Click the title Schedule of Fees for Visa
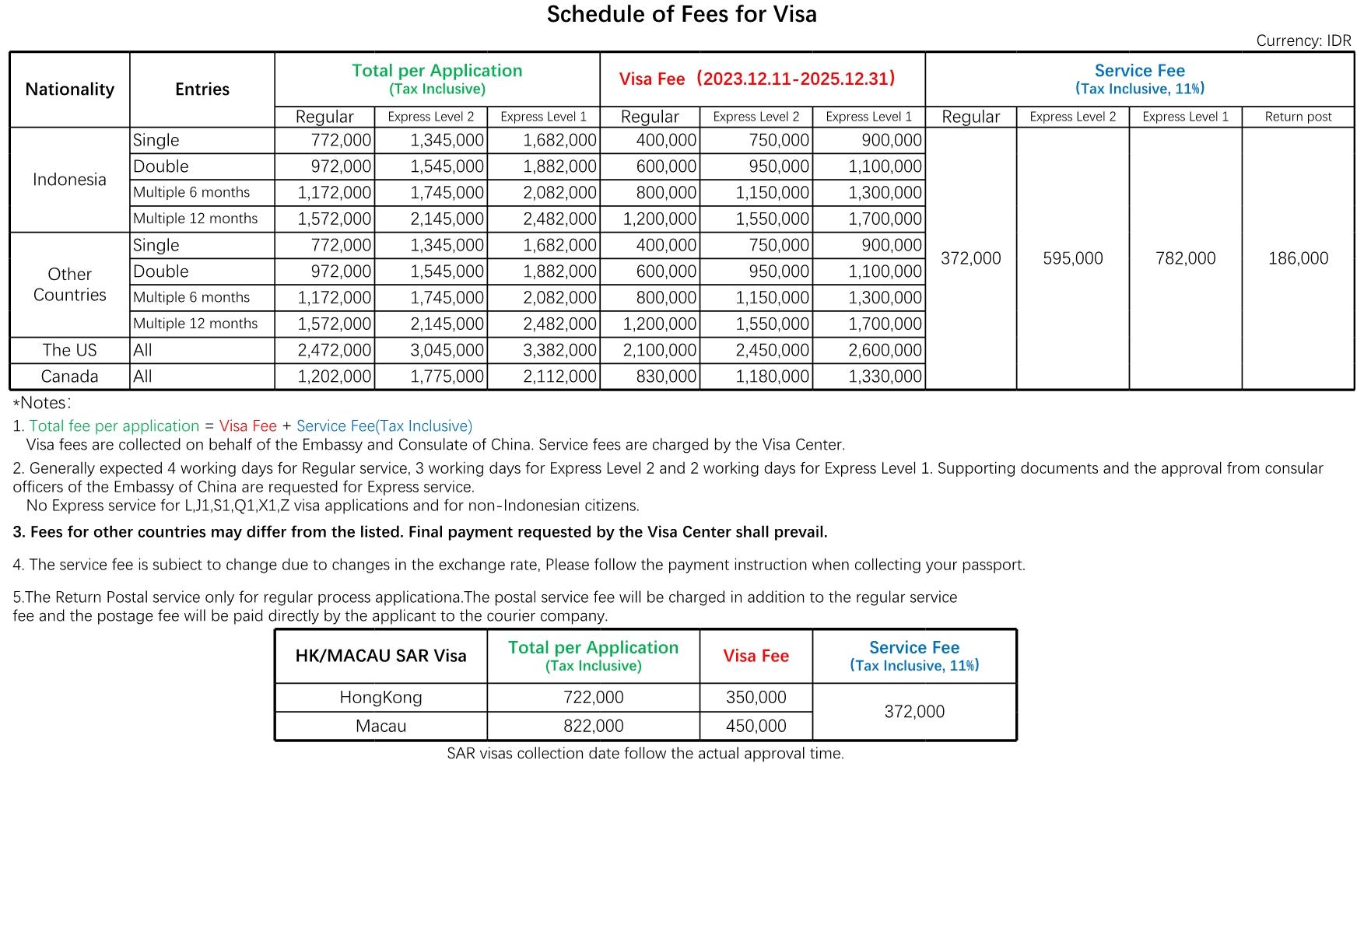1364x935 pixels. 681,15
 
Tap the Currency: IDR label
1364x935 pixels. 1303,40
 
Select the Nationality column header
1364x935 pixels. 69,89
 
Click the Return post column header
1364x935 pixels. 1298,117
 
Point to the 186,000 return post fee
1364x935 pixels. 1298,258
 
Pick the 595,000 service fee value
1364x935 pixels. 1072,258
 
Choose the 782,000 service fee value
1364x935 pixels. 1185,258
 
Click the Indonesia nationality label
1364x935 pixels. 69,180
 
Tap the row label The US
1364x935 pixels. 69,350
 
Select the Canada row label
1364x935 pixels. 69,376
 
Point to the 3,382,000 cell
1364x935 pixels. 559,350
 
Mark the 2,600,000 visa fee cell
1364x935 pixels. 885,350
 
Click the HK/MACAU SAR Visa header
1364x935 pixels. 380,656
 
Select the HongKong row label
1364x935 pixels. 380,697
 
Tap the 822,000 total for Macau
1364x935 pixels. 593,726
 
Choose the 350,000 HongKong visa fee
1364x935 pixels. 756,697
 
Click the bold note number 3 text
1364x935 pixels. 420,532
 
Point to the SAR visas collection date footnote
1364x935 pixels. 645,753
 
